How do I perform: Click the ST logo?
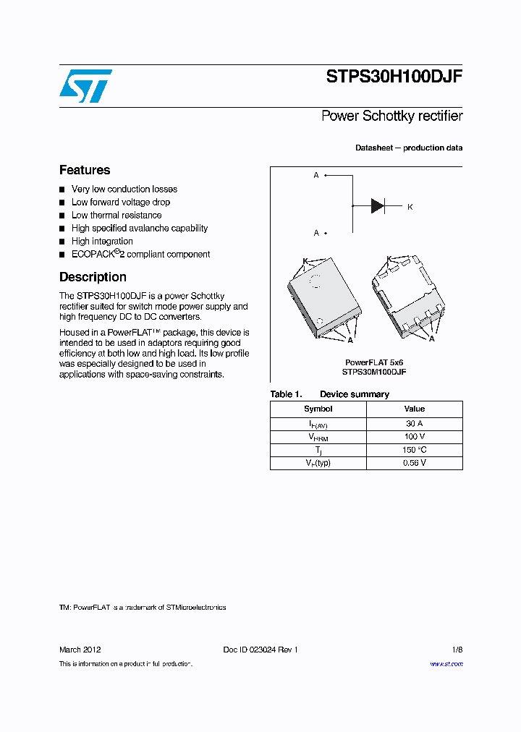[x=85, y=85]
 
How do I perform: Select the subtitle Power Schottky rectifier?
[x=391, y=116]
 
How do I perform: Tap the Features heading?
[x=85, y=170]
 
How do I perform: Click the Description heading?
[x=93, y=277]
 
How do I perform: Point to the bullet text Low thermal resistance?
[x=117, y=216]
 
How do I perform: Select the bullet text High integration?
[x=102, y=242]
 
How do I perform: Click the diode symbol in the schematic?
[x=377, y=206]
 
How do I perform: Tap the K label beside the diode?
[x=410, y=207]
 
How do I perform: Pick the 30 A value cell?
[x=415, y=424]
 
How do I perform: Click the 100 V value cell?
[x=415, y=437]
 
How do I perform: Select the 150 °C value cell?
[x=415, y=450]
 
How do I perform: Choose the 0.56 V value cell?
[x=415, y=463]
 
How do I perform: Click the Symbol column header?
[x=318, y=409]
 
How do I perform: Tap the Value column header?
[x=415, y=409]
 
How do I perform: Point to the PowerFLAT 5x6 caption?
[x=374, y=362]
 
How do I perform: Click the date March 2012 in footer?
[x=80, y=650]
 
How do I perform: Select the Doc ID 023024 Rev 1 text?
[x=260, y=650]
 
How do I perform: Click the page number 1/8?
[x=457, y=650]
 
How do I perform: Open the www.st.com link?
[x=446, y=664]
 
